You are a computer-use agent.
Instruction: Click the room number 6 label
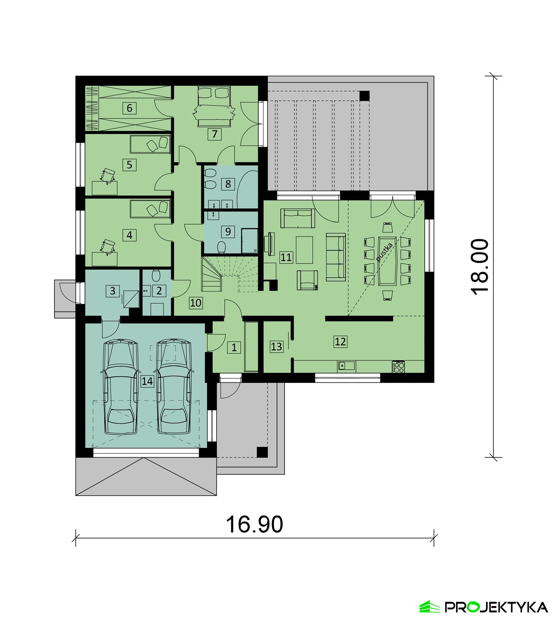point(129,108)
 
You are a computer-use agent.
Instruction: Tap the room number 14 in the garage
point(147,381)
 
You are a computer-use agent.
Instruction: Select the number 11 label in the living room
point(286,257)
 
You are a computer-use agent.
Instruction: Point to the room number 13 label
point(276,346)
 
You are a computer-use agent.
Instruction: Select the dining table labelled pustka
point(387,261)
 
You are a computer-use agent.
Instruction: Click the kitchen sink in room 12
point(346,365)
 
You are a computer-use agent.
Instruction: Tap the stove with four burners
point(399,367)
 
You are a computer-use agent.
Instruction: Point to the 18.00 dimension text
point(480,267)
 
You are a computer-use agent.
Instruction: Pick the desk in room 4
point(105,259)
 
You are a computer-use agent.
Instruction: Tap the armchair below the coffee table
point(307,280)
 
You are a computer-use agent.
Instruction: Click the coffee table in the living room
point(304,250)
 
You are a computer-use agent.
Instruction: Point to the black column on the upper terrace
point(364,96)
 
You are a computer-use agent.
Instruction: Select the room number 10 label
point(196,303)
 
